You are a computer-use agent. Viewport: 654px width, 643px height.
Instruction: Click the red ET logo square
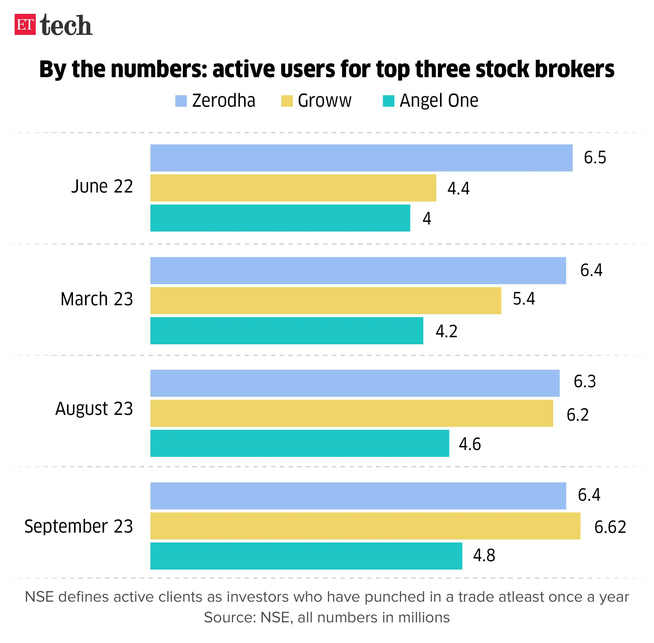coord(25,24)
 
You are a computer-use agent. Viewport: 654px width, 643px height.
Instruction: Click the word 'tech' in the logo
coord(66,26)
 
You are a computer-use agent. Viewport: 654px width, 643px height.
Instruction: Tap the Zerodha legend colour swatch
coord(181,101)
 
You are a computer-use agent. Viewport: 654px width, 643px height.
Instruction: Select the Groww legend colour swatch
coord(287,101)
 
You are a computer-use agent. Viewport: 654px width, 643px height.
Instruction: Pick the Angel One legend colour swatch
coord(388,101)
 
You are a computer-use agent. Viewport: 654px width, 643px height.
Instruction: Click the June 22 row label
coord(102,187)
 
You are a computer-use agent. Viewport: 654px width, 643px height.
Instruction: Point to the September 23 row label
coord(79,526)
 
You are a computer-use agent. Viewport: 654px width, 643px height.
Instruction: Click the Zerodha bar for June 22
coord(361,158)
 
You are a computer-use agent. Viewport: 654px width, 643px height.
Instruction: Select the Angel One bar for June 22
coord(280,218)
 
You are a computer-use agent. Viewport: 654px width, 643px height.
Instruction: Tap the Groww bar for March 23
coord(325,300)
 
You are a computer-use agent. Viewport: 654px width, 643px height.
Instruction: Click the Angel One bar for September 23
coord(306,556)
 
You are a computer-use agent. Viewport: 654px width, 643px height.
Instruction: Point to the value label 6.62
coord(610,527)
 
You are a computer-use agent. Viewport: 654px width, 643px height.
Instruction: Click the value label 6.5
coord(595,158)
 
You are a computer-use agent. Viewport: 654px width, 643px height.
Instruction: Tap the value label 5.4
coord(523,298)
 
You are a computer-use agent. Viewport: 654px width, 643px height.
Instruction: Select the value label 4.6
coord(469,444)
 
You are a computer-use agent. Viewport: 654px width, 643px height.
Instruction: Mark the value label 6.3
coord(584,381)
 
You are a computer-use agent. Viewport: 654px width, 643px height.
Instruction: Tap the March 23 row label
coord(97,299)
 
